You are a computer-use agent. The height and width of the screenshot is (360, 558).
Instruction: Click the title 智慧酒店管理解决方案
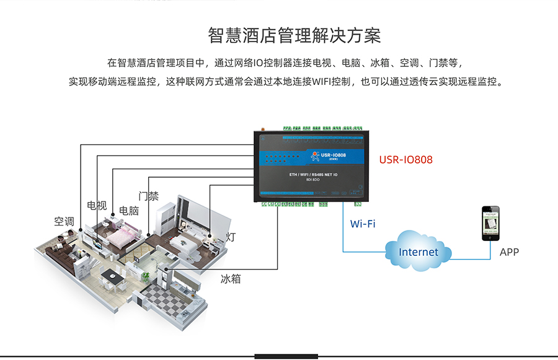click(x=294, y=35)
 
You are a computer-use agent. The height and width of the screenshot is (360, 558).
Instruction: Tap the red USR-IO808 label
click(x=405, y=160)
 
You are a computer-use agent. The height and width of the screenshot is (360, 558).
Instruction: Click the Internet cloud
click(x=417, y=252)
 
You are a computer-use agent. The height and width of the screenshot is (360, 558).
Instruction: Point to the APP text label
click(x=509, y=252)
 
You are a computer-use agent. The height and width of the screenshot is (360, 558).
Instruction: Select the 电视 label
click(x=97, y=206)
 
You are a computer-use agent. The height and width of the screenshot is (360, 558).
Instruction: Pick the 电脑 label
click(x=129, y=211)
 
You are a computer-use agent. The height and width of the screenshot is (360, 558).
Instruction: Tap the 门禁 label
click(x=149, y=196)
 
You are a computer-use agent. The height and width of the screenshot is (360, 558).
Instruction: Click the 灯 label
click(x=231, y=237)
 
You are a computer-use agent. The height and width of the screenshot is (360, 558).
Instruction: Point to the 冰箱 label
click(x=231, y=279)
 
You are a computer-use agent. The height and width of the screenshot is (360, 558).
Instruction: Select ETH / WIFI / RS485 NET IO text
click(x=314, y=175)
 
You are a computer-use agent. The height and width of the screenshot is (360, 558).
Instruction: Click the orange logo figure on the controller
click(x=313, y=156)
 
